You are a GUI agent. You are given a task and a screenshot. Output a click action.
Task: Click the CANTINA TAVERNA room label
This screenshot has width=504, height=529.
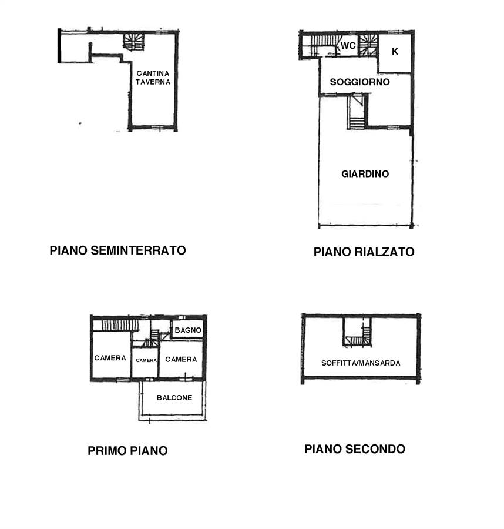point(153,78)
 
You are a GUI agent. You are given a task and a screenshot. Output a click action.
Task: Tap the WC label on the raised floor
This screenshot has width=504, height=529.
point(348,45)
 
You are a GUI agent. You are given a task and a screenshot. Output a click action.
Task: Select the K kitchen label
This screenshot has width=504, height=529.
point(395,51)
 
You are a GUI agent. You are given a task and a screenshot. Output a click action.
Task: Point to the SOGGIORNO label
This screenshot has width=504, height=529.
point(359,82)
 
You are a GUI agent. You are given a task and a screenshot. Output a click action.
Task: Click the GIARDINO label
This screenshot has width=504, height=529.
point(365,174)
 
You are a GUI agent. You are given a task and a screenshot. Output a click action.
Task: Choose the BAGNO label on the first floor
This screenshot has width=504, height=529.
point(188,330)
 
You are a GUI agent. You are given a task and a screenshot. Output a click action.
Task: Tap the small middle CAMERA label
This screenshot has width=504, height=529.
point(146,360)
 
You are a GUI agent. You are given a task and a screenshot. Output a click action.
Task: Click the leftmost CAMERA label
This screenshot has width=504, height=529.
point(110,358)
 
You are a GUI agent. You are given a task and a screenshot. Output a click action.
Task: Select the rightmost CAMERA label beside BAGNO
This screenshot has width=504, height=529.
point(181,360)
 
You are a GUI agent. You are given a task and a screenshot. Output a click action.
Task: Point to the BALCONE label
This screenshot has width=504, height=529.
point(174,398)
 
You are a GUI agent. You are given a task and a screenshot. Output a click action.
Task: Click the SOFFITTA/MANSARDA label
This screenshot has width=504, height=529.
point(361,363)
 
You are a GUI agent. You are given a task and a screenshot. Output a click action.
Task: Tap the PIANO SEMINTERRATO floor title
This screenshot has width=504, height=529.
point(117,250)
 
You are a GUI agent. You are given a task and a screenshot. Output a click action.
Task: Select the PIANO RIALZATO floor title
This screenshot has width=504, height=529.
point(364,252)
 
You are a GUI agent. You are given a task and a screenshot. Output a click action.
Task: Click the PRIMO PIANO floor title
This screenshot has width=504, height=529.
point(127,451)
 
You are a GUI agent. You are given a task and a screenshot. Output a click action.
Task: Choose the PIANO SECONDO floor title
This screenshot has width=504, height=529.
point(355,449)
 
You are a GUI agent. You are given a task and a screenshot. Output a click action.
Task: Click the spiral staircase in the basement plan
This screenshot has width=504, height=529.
point(133,42)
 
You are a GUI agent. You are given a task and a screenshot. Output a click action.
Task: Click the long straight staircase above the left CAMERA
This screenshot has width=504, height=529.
point(120,325)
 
